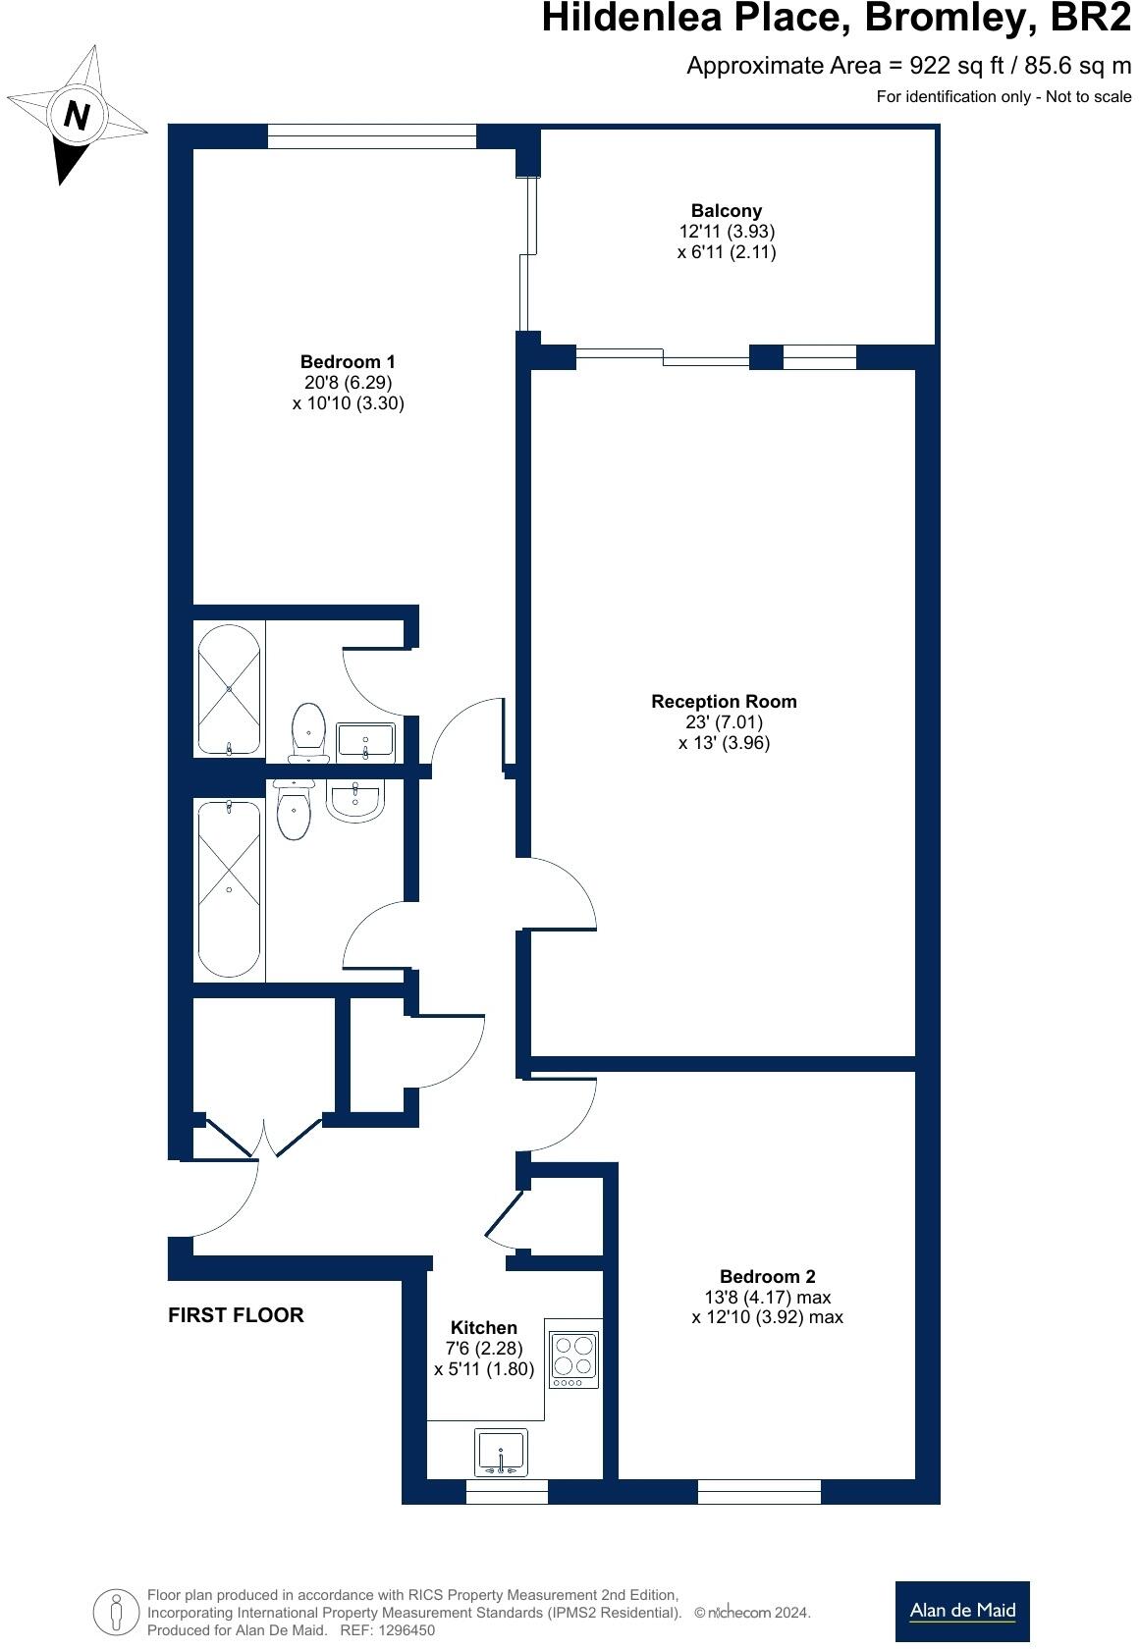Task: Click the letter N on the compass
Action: tap(77, 116)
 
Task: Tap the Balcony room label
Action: tap(726, 211)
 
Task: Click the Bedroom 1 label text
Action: tap(348, 362)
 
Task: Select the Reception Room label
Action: tap(724, 702)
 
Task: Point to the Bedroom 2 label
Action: tap(767, 1276)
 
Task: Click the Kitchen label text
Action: tap(483, 1327)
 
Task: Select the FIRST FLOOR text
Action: tap(236, 1315)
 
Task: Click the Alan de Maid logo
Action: tap(961, 1611)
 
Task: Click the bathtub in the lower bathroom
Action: tap(230, 888)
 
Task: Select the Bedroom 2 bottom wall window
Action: tap(758, 1492)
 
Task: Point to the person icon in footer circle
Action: tap(117, 1612)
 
